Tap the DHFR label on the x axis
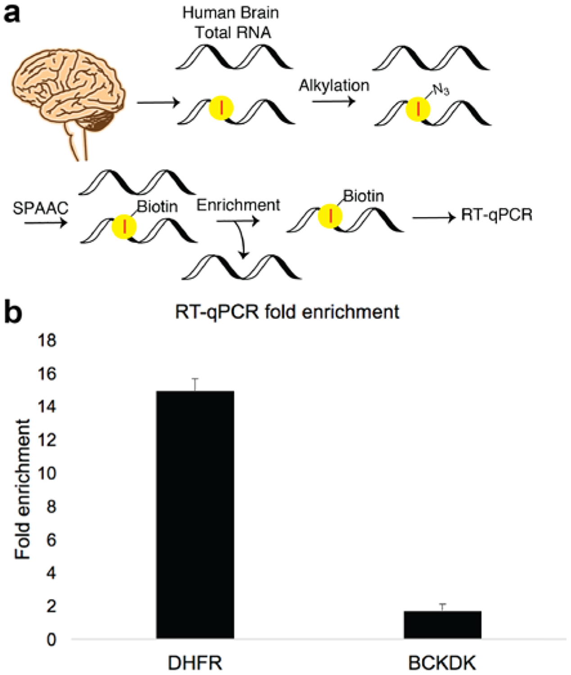[195, 663]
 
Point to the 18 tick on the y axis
[47, 341]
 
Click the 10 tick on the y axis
[47, 473]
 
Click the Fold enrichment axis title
[23, 489]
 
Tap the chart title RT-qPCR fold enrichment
[287, 312]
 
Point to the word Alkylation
[334, 85]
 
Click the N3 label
[441, 90]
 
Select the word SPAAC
[41, 208]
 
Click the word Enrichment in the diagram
[238, 205]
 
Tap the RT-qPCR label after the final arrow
[497, 215]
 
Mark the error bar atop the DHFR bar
[195, 384]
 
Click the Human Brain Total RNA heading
[231, 22]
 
